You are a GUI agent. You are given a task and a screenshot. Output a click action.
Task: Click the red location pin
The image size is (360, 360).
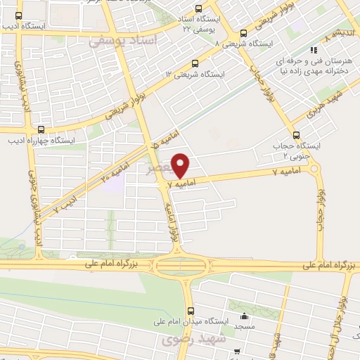point(181,165)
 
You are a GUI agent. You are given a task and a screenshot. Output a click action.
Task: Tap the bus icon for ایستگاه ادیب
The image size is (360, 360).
point(19,15)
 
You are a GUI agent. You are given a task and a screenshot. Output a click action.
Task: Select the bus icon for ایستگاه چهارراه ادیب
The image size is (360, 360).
point(41,129)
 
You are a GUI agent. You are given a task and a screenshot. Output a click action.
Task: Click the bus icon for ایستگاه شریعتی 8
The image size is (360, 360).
point(244,33)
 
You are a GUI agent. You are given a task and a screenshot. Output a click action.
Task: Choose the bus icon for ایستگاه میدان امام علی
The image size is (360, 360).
point(190,310)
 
